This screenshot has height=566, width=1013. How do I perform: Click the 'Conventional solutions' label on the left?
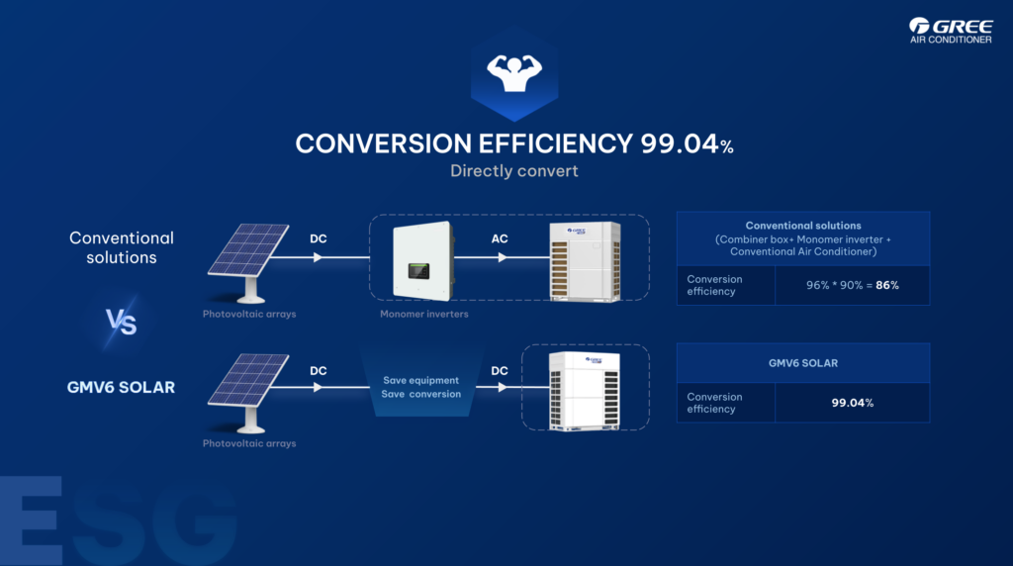pyautogui.click(x=122, y=247)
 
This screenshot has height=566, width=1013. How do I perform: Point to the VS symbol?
pyautogui.click(x=121, y=322)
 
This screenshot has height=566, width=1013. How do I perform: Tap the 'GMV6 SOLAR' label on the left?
pyautogui.click(x=122, y=387)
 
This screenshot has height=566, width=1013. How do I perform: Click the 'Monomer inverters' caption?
pyautogui.click(x=423, y=314)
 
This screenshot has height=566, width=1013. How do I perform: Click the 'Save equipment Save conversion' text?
pyautogui.click(x=422, y=387)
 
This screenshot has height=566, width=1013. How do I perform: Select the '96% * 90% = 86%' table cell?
pyautogui.click(x=852, y=285)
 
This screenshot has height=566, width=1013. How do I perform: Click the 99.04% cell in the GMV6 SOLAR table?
pyautogui.click(x=852, y=403)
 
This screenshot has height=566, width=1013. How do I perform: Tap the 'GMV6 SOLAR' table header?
pyautogui.click(x=803, y=363)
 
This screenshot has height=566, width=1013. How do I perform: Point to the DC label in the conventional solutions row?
pyautogui.click(x=318, y=238)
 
